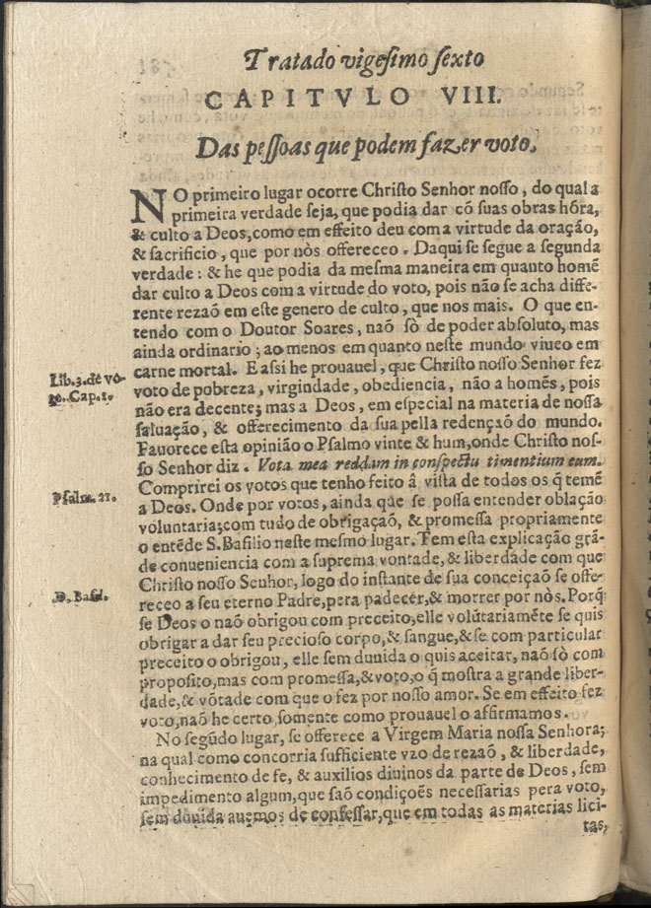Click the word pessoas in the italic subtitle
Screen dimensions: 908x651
pos(267,146)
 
